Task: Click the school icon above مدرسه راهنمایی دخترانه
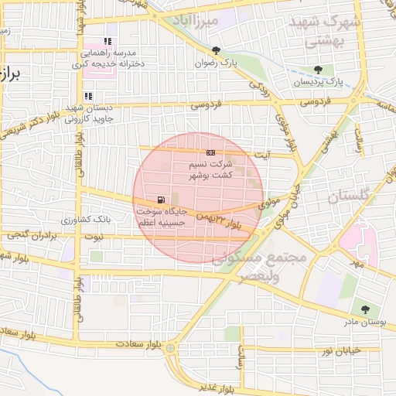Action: click(108, 41)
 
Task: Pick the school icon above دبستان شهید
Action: click(88, 97)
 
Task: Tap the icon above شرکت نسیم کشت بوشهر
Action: click(210, 153)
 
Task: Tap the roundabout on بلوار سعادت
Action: click(170, 348)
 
